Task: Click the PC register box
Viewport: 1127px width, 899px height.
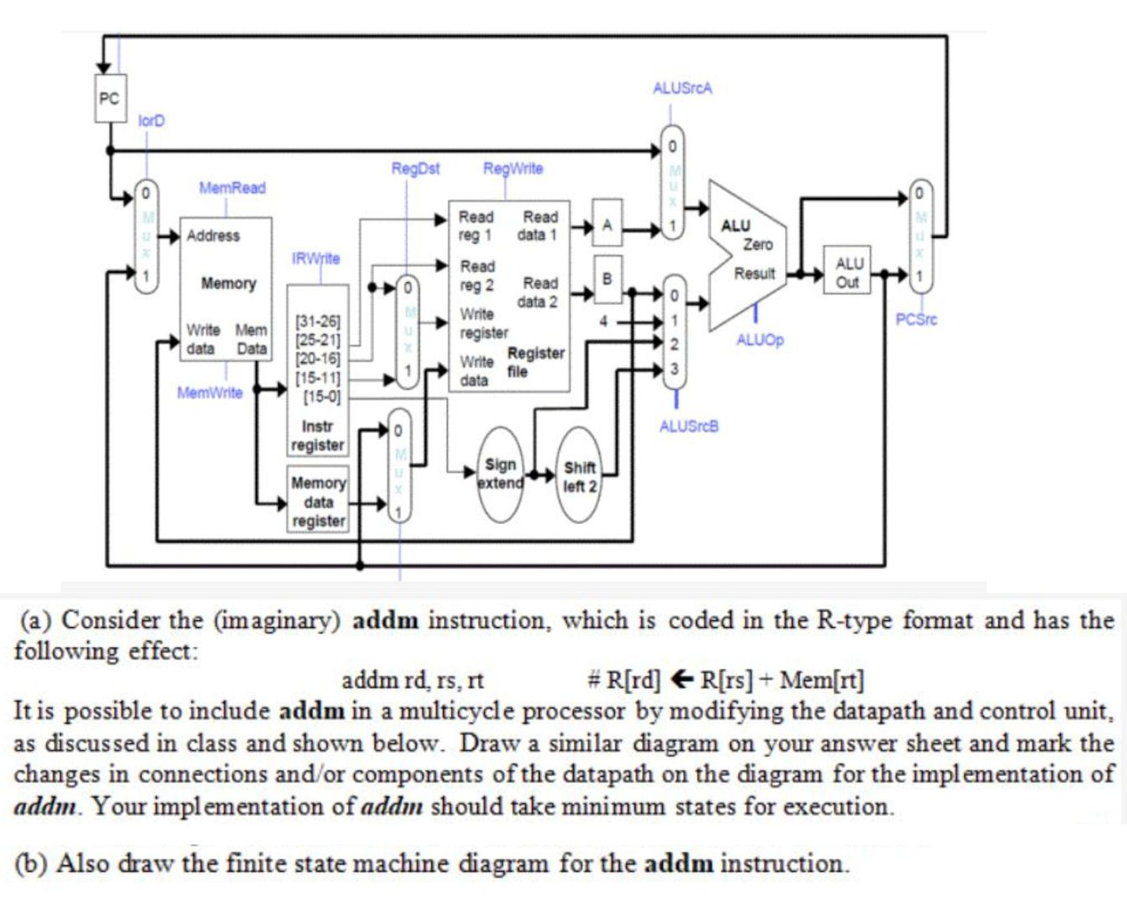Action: point(110,99)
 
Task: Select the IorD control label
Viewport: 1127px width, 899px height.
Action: point(151,122)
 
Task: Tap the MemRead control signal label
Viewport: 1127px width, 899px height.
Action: point(232,188)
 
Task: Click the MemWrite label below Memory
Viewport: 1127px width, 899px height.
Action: point(209,393)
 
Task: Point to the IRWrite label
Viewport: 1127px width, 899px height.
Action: point(315,259)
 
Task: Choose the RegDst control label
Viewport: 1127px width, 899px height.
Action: point(415,169)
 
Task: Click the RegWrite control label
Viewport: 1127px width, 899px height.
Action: point(513,169)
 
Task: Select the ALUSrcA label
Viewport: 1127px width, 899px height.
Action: point(682,88)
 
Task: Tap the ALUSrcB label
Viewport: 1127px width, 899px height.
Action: point(688,426)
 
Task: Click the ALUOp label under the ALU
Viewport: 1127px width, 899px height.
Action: point(759,340)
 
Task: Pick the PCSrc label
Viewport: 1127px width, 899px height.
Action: point(915,320)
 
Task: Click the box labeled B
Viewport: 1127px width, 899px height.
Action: point(607,279)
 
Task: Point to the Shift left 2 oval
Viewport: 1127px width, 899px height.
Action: point(579,476)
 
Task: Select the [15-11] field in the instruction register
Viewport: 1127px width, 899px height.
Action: point(318,378)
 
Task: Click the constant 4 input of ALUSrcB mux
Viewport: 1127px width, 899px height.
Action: point(603,321)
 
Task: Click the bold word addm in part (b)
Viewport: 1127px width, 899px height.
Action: point(678,863)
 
